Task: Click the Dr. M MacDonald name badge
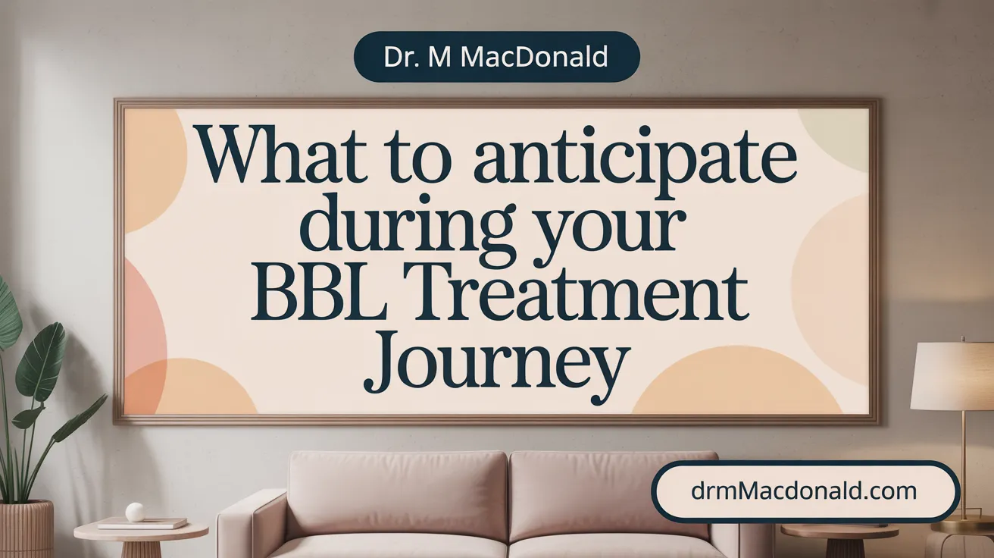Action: coord(496,57)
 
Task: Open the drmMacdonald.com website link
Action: coord(804,491)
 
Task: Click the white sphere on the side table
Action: coord(135,512)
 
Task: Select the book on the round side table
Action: coord(142,524)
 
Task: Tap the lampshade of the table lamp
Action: coord(952,378)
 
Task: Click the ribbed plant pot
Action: coord(26,529)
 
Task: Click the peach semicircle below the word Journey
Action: coord(736,382)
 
